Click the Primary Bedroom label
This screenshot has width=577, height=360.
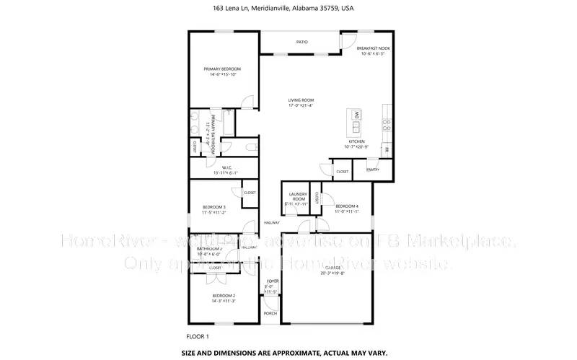coord(222,69)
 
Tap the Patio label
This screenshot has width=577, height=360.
coord(302,42)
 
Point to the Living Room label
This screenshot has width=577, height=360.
coord(301,100)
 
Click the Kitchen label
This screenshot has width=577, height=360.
coord(357,141)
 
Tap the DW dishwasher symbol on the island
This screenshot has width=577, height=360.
coord(356,114)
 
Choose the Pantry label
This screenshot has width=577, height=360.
coord(373,170)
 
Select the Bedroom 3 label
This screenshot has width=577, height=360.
coord(214,207)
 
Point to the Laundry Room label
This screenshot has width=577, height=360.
coord(299,196)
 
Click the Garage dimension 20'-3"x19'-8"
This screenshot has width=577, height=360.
coord(328,273)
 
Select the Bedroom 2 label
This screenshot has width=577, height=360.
coord(224,296)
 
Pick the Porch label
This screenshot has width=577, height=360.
coord(270,314)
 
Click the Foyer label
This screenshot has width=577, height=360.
coord(272,281)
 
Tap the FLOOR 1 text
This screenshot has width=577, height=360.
coord(197,336)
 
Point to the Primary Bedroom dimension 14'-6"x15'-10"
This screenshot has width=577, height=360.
coord(222,74)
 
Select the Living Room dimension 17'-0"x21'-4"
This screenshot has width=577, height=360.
coord(301,106)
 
